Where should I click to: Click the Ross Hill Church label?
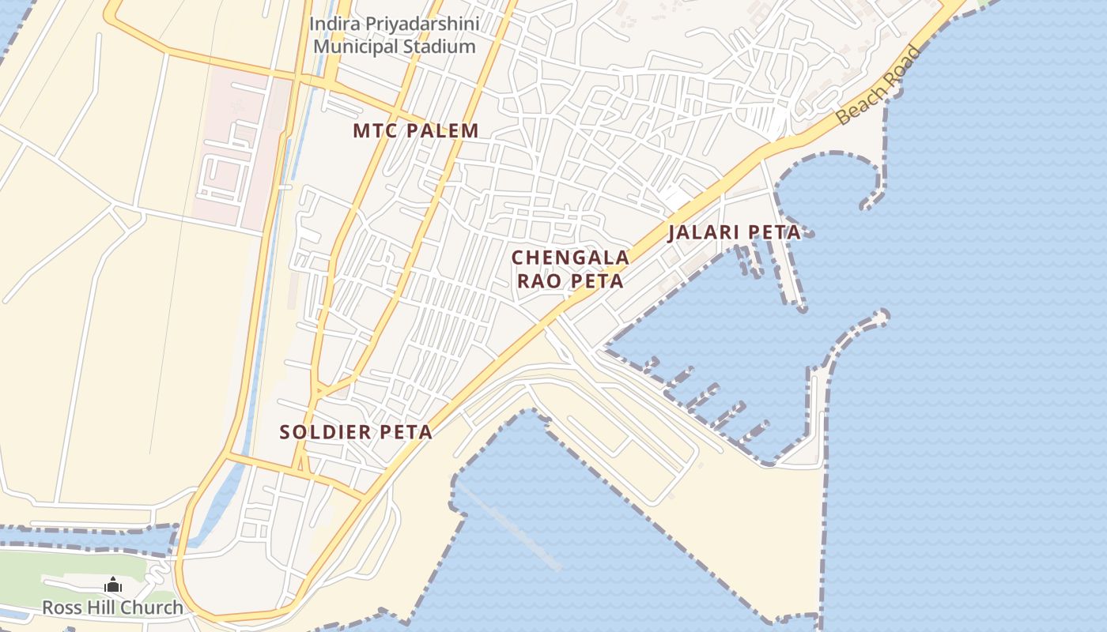pyautogui.click(x=112, y=608)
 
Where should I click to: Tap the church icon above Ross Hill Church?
pyautogui.click(x=113, y=585)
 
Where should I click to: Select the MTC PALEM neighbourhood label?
pyautogui.click(x=416, y=131)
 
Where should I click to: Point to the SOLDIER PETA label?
pyautogui.click(x=356, y=432)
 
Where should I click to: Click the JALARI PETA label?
pyautogui.click(x=735, y=233)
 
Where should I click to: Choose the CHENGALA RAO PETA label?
pyautogui.click(x=570, y=269)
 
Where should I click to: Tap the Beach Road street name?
pyautogui.click(x=879, y=85)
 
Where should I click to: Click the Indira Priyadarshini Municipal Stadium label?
pyautogui.click(x=395, y=35)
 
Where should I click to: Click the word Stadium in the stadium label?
pyautogui.click(x=440, y=47)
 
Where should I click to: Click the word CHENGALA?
pyautogui.click(x=570, y=258)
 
